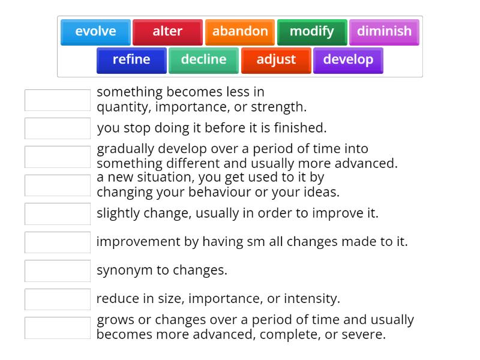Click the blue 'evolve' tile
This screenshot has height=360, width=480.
point(95,32)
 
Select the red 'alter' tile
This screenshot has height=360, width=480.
point(167,32)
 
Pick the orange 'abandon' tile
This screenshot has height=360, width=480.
point(240,32)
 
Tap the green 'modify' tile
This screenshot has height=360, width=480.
point(312,32)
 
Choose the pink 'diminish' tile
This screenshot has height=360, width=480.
point(384,32)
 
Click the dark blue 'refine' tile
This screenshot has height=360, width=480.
point(131,60)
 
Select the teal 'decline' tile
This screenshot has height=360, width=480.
point(203,60)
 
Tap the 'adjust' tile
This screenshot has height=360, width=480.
point(276,60)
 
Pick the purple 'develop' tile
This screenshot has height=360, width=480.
point(348,60)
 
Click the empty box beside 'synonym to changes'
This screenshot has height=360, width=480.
point(58,271)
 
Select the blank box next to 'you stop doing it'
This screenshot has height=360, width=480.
point(58,128)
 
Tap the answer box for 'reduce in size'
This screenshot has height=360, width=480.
point(58,299)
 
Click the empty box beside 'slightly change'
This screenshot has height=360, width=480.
point(58,214)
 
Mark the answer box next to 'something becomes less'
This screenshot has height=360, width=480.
point(58,100)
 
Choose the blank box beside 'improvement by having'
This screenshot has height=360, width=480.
point(58,242)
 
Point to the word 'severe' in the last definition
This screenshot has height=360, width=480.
point(363,335)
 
